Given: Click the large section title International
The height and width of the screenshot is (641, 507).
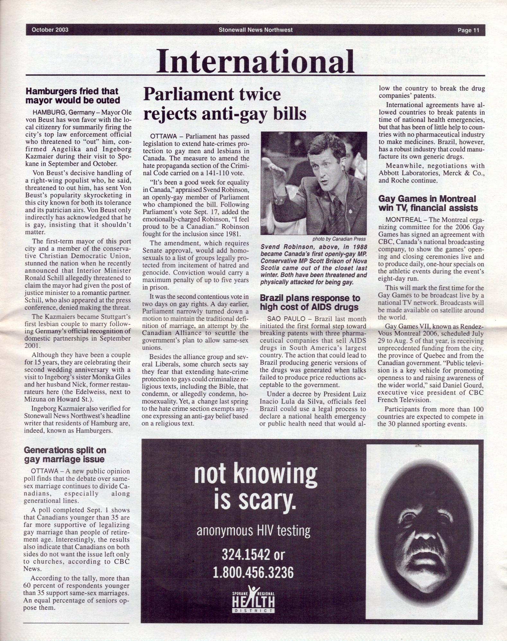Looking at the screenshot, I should [255, 61].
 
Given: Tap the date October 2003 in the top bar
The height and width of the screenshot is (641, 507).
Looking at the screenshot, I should [50, 30].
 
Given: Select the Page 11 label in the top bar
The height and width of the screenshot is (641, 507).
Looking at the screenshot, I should [468, 30].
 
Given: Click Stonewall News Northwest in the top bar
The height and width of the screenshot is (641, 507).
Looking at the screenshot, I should [255, 30].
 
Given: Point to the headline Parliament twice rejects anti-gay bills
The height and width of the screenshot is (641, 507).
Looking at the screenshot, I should [224, 104].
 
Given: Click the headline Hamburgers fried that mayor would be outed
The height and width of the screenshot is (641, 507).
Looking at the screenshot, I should [73, 96].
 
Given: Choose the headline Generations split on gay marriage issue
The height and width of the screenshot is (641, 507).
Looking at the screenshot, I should [65, 454].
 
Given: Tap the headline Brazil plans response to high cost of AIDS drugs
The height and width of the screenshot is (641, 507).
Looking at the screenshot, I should [310, 302].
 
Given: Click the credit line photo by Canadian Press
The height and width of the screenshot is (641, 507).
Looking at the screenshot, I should [339, 239].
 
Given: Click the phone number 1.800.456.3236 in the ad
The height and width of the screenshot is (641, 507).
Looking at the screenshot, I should [253, 572].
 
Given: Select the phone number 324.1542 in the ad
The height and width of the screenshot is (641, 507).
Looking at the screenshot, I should [244, 554].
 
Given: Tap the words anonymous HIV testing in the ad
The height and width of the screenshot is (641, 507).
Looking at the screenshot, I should [253, 531].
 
